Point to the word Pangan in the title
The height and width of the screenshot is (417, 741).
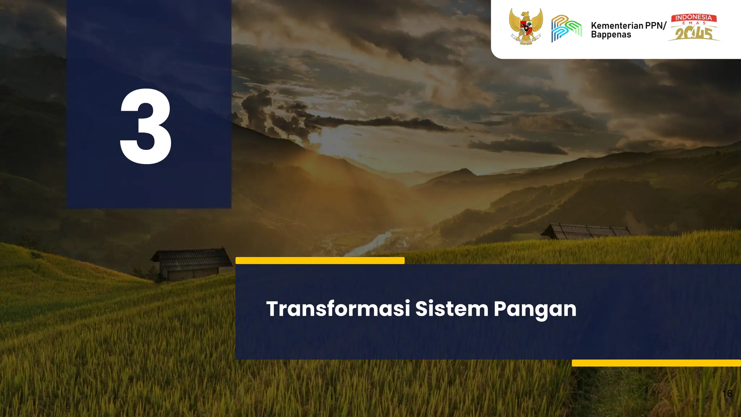535,309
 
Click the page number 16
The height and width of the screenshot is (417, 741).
727,393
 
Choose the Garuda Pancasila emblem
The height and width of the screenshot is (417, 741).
526,26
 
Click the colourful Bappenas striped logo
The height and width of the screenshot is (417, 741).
566,28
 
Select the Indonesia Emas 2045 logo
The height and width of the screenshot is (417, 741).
694,28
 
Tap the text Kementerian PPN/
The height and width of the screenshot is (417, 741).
628,25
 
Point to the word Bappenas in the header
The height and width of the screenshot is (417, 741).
611,35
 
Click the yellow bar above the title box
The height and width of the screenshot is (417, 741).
320,260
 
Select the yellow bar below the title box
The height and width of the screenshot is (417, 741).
656,363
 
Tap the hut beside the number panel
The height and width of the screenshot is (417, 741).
191,264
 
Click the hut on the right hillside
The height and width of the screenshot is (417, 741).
586,232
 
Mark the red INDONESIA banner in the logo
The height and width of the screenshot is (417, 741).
694,17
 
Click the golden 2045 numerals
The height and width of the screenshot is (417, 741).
694,34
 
